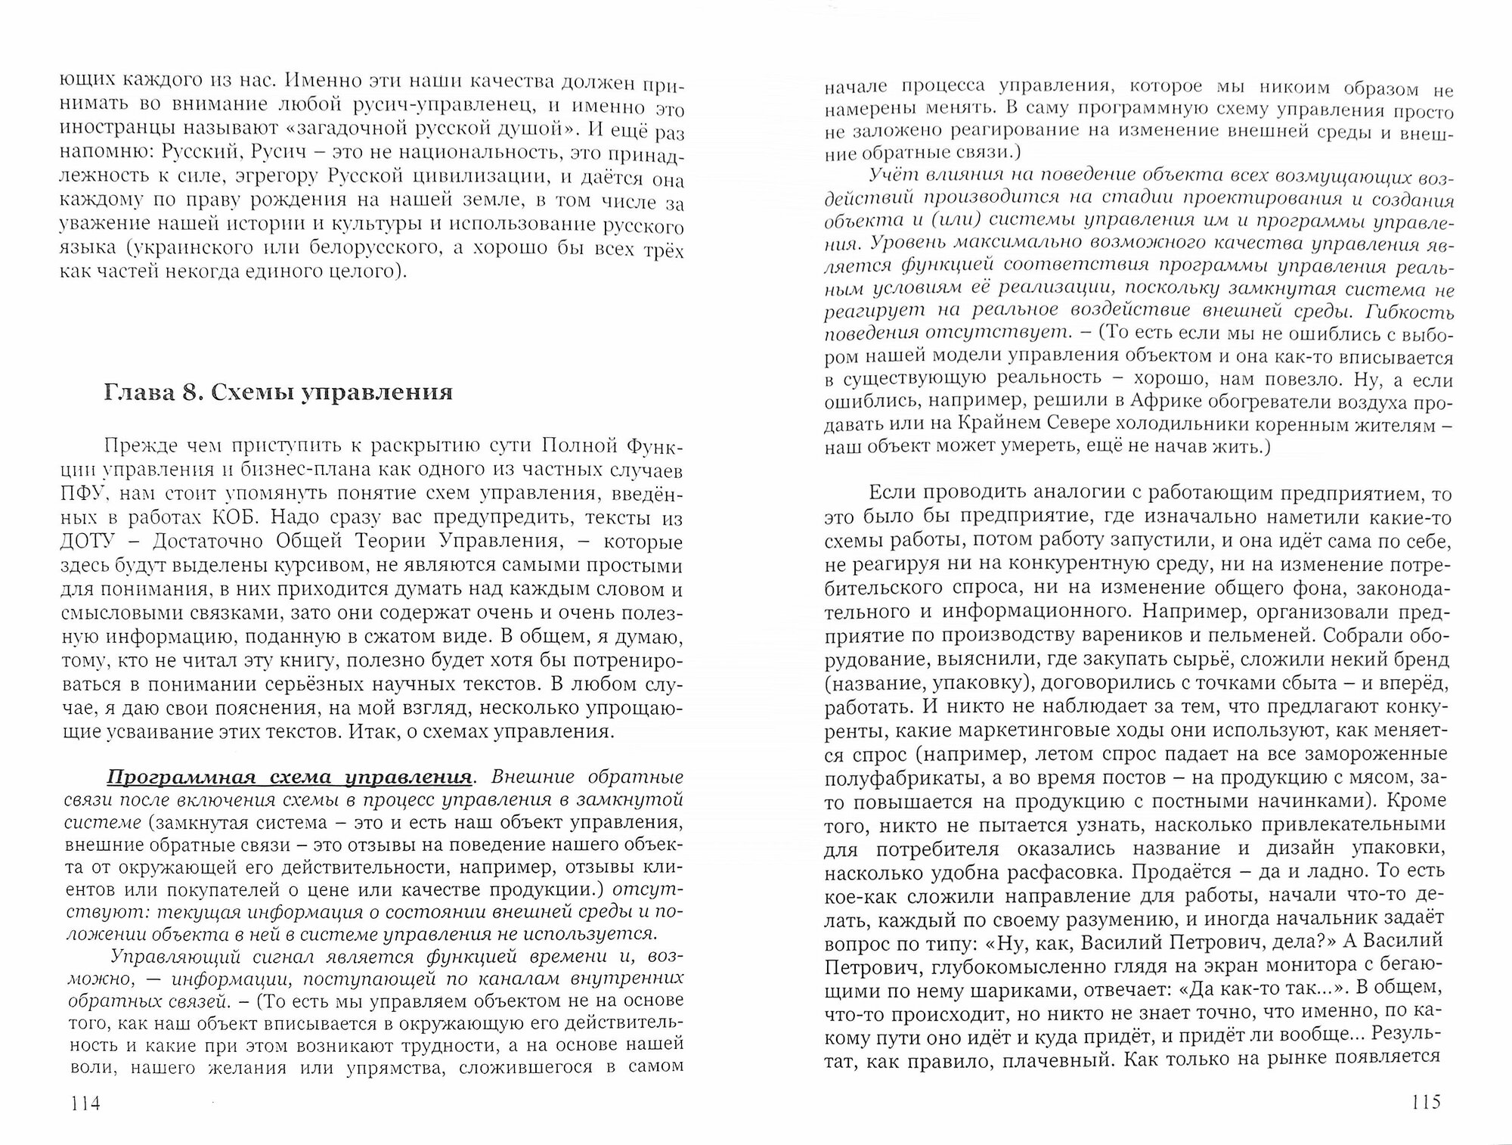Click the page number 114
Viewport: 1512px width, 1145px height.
pos(84,1103)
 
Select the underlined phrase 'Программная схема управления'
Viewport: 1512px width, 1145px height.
pos(289,778)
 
